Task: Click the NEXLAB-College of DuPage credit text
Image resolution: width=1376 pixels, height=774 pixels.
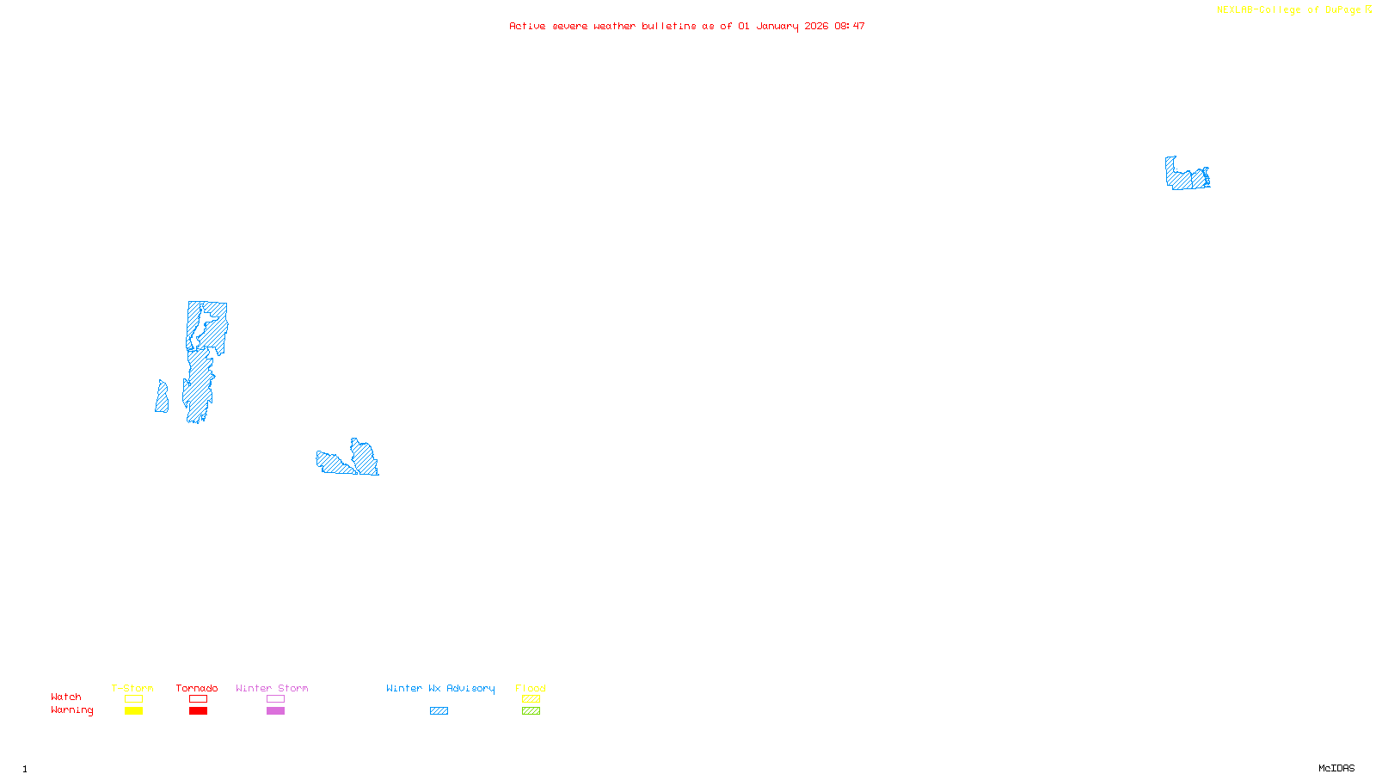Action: (1293, 10)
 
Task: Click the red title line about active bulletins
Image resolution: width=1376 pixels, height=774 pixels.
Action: (686, 27)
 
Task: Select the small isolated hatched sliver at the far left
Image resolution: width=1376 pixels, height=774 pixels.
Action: (162, 397)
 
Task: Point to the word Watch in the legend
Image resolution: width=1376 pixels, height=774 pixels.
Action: (66, 697)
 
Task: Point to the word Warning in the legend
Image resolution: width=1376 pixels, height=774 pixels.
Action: (71, 710)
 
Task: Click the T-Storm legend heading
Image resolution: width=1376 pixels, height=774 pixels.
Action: (132, 688)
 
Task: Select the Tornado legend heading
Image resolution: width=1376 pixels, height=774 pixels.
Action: (197, 688)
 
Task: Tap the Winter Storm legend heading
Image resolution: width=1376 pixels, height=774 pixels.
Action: (272, 688)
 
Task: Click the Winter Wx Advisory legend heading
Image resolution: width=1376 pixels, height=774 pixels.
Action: (440, 688)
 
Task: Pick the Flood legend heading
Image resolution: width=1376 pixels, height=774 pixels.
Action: (531, 688)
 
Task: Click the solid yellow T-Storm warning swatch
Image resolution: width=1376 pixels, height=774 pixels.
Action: (133, 711)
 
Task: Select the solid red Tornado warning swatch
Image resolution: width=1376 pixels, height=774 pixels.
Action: (198, 711)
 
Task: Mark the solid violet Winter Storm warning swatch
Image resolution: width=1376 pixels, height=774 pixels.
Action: (275, 711)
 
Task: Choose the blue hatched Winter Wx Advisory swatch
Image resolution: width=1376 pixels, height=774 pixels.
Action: (439, 711)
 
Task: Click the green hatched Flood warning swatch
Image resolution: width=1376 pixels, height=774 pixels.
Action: (531, 711)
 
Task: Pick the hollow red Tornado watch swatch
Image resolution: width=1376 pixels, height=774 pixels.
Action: (198, 699)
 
